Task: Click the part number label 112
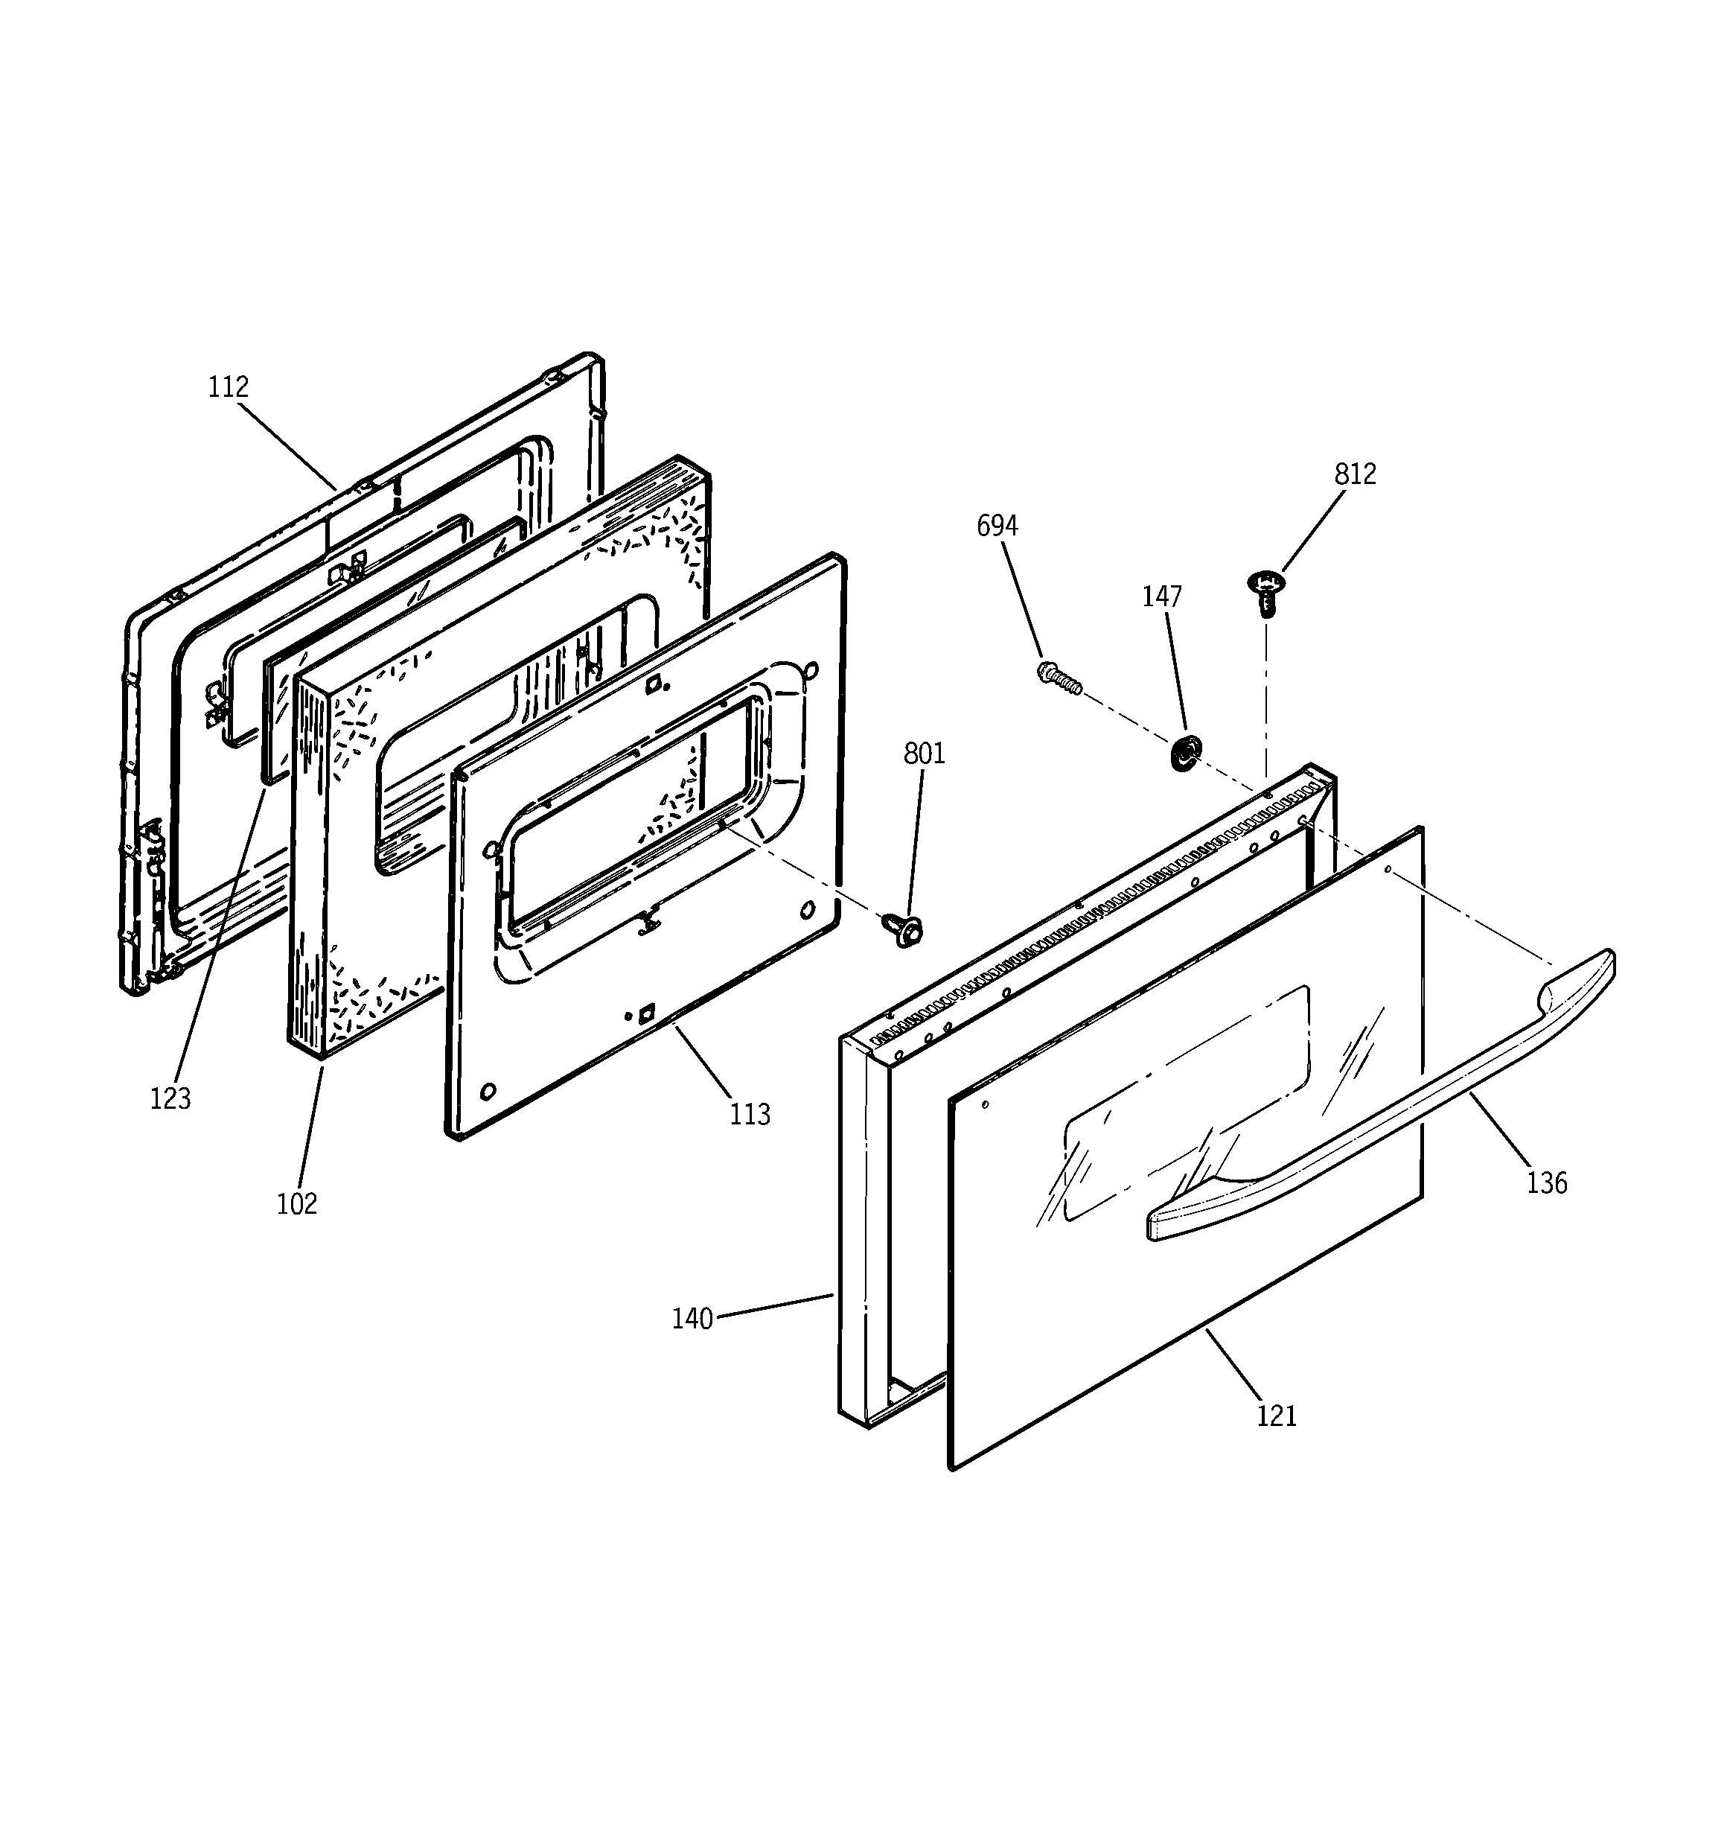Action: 228,386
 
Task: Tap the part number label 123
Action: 170,1098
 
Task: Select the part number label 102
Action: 296,1204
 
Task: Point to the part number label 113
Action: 749,1113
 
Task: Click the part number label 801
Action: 925,754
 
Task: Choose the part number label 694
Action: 997,526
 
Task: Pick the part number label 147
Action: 1161,596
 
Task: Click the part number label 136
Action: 1547,1183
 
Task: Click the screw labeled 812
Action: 1265,590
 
